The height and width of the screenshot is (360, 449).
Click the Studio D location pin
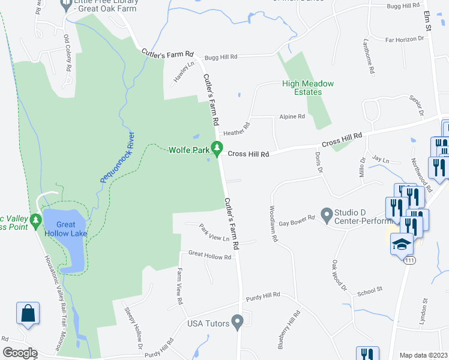(327, 213)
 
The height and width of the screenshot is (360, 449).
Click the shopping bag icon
(28, 313)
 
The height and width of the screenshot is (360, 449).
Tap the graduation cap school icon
(402, 244)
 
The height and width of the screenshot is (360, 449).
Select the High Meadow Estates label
(308, 88)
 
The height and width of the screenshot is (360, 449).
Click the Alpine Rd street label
(292, 116)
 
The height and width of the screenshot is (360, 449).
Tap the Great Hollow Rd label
(209, 256)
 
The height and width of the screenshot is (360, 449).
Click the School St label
(370, 290)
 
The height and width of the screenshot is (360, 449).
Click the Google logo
(19, 353)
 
